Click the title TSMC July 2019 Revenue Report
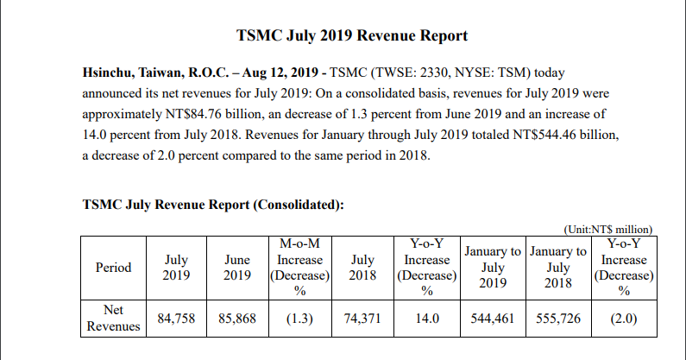[x=352, y=36]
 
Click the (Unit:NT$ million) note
[x=607, y=229]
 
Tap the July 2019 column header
[x=177, y=267]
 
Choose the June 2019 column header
[x=237, y=267]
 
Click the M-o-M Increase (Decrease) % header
[x=301, y=267]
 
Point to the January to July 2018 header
[x=558, y=267]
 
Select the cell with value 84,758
[x=177, y=319]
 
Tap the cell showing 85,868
[x=237, y=319]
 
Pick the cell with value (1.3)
[x=301, y=319]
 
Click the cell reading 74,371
[x=362, y=319]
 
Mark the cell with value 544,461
[x=493, y=319]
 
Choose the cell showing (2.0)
[x=623, y=319]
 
